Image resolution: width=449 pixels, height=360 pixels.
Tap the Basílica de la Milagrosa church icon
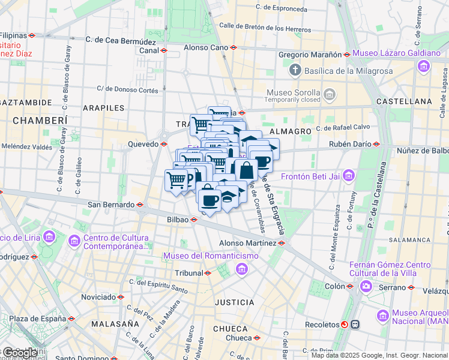click(x=295, y=71)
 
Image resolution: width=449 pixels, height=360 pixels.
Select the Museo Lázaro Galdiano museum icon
click(x=424, y=65)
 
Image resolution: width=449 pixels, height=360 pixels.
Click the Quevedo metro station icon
click(x=164, y=144)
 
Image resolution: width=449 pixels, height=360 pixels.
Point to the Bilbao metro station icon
click(x=194, y=220)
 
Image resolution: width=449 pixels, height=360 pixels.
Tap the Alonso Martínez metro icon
click(x=282, y=243)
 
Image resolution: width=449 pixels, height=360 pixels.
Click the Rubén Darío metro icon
click(x=376, y=144)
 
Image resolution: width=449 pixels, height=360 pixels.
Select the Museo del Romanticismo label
click(x=211, y=256)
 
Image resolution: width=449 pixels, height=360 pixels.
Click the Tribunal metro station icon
click(x=208, y=273)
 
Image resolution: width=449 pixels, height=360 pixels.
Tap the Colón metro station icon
click(x=349, y=286)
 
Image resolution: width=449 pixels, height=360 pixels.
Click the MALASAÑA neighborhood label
click(x=116, y=324)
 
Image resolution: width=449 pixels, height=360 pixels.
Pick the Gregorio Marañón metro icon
click(x=347, y=55)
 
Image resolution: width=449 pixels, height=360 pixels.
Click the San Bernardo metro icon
click(x=140, y=205)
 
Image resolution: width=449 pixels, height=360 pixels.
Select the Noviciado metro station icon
click(x=121, y=297)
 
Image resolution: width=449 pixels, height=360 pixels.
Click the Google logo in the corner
click(x=20, y=353)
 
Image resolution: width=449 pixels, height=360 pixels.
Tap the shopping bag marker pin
click(x=246, y=170)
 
